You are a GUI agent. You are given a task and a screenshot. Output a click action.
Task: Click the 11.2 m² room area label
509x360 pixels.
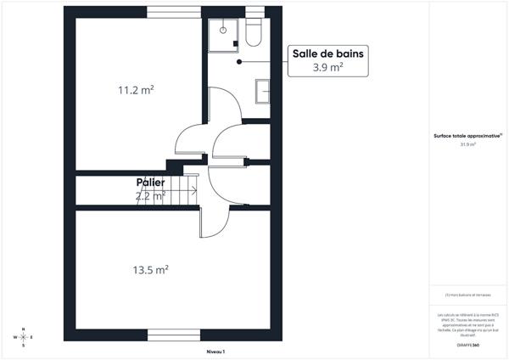[x=137, y=88]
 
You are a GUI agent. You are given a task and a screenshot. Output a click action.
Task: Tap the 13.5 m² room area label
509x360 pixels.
[x=150, y=270]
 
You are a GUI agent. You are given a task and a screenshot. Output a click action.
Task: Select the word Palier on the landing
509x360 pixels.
[x=150, y=183]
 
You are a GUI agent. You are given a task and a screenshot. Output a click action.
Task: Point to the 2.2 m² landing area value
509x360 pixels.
[x=149, y=196]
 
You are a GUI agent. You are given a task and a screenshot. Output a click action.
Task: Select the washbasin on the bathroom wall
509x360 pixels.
[x=262, y=89]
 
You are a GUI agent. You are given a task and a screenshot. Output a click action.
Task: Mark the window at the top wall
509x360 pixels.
[x=175, y=12]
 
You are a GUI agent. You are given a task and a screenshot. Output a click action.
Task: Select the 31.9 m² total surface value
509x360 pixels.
[x=468, y=145]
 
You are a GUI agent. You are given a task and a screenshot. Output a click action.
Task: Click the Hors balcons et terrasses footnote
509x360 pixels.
[x=468, y=295]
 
